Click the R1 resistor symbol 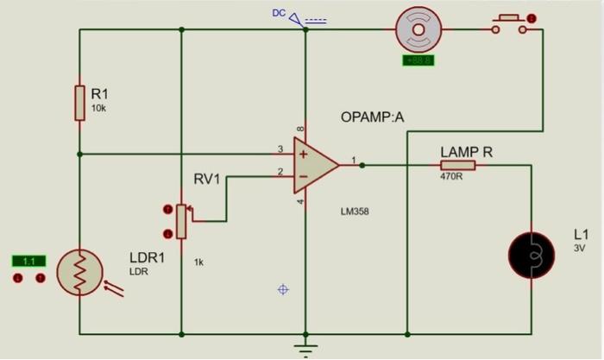(x=79, y=103)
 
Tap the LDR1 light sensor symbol (x=79, y=274)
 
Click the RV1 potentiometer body (x=181, y=221)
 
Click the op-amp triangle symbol (x=315, y=163)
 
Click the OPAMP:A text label (x=372, y=117)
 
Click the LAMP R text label (x=466, y=152)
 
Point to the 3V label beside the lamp (x=579, y=248)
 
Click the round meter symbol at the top (x=418, y=29)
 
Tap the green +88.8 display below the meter (x=418, y=61)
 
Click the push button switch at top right (x=508, y=25)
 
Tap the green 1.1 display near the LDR (x=28, y=261)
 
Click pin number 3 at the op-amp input (x=280, y=149)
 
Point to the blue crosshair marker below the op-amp (x=282, y=289)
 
